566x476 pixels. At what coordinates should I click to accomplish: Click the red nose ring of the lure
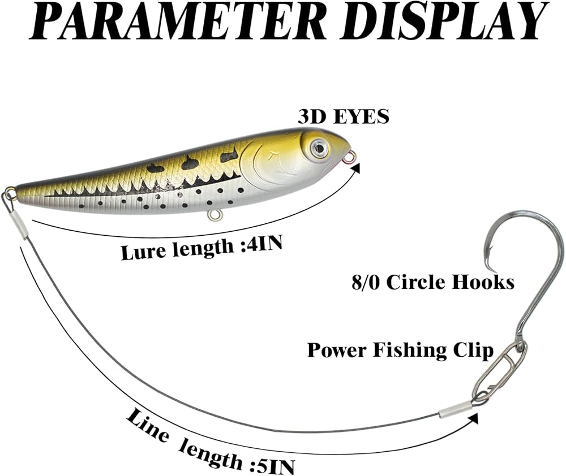pyautogui.click(x=349, y=158)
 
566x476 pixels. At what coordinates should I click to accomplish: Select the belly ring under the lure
pyautogui.click(x=215, y=215)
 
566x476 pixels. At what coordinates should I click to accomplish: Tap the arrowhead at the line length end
pyautogui.click(x=474, y=418)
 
